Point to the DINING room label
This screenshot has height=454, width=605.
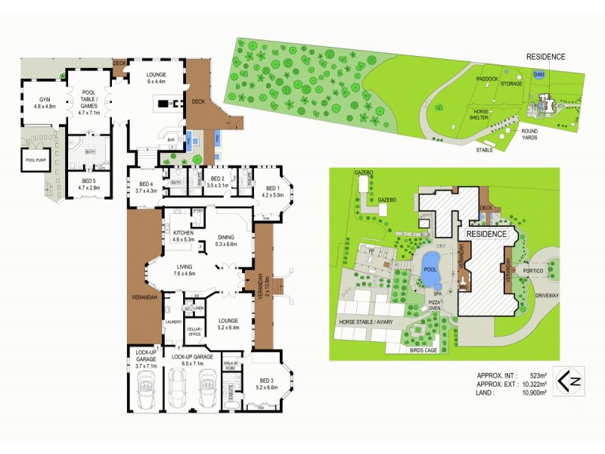click(226, 240)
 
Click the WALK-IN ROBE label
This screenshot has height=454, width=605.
click(231, 366)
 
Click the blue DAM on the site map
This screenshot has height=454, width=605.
click(538, 75)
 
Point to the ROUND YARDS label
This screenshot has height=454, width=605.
click(529, 134)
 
